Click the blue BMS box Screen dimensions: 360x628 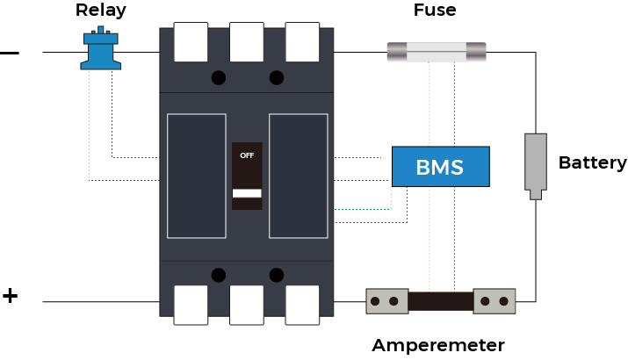[x=440, y=167]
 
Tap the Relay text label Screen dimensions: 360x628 [x=99, y=11]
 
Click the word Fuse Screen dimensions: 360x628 [x=435, y=11]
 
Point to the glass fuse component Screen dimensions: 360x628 [x=437, y=52]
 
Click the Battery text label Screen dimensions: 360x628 [x=592, y=162]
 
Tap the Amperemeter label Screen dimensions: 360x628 [x=438, y=345]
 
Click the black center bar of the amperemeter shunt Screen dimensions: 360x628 [x=441, y=302]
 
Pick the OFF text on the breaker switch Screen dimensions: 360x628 [x=247, y=155]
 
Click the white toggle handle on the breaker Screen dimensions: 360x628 [x=247, y=192]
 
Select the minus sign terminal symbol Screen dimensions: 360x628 [x=10, y=53]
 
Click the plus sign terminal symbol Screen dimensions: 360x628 [x=10, y=296]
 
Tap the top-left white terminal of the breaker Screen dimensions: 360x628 [x=191, y=42]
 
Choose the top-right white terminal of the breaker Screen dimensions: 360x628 [x=303, y=42]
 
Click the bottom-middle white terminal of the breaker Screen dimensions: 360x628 [x=247, y=305]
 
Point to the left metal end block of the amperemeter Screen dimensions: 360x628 [x=386, y=302]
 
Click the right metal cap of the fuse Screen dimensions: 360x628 [x=475, y=52]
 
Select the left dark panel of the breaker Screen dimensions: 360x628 [x=196, y=176]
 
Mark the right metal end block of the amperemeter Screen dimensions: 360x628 [x=494, y=302]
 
